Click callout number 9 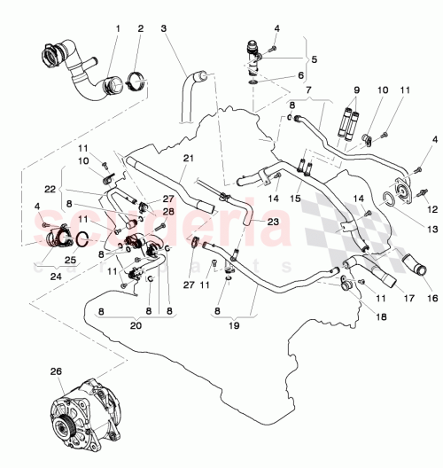click(x=357, y=90)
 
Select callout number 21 click(x=187, y=158)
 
